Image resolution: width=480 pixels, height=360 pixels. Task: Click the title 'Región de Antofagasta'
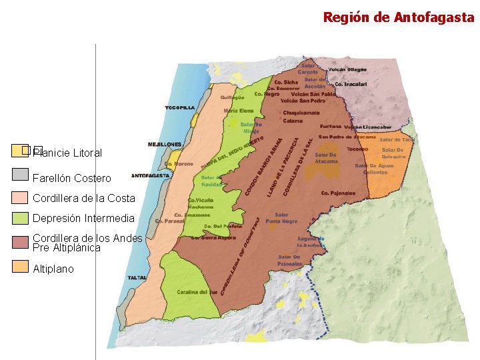pyautogui.click(x=398, y=17)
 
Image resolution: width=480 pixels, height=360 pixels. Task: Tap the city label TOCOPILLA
pyautogui.click(x=180, y=107)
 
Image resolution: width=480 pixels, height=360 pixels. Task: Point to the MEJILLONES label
pyautogui.click(x=164, y=144)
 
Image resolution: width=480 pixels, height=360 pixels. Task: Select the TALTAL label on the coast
pyautogui.click(x=137, y=277)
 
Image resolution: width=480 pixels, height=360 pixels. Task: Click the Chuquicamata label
pyautogui.click(x=301, y=113)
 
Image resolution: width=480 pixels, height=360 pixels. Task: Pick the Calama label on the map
pyautogui.click(x=293, y=121)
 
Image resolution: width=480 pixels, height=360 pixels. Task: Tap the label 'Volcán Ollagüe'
pyautogui.click(x=347, y=69)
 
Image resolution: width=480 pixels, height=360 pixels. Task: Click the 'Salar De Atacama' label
pyautogui.click(x=326, y=157)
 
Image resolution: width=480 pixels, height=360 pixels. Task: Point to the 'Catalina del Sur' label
pyautogui.click(x=197, y=292)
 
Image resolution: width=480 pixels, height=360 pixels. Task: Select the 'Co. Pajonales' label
pyautogui.click(x=338, y=193)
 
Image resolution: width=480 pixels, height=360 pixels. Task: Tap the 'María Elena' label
pyautogui.click(x=239, y=111)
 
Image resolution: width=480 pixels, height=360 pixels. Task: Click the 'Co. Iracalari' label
pyautogui.click(x=351, y=85)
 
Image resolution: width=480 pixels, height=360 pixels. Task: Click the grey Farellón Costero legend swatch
pyautogui.click(x=21, y=175)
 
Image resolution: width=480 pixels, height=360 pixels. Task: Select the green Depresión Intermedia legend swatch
pyautogui.click(x=21, y=217)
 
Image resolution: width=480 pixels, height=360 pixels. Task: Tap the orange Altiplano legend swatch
pyautogui.click(x=21, y=267)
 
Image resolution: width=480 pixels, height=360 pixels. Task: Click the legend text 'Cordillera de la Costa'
pyautogui.click(x=83, y=198)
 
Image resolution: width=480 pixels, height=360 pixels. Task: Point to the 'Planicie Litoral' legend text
pyautogui.click(x=67, y=153)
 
